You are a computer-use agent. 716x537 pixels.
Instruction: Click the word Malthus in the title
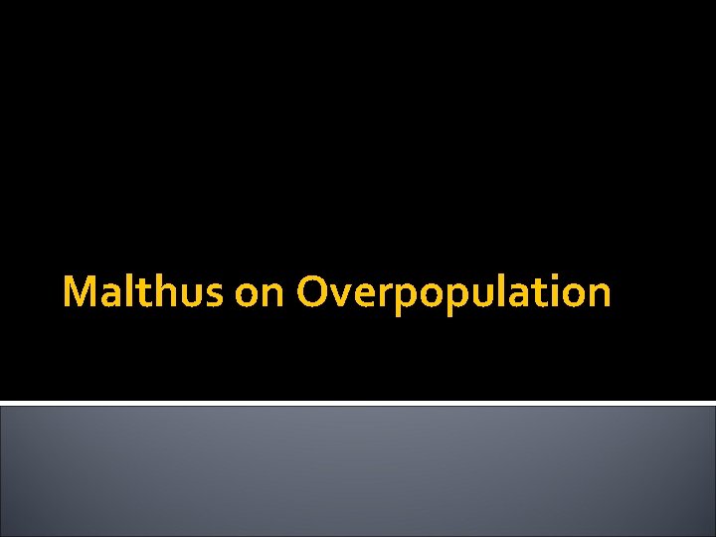[143, 292]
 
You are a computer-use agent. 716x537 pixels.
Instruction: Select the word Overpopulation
[453, 292]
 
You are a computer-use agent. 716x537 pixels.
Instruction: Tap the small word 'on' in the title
[261, 294]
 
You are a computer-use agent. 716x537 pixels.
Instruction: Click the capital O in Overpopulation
[314, 292]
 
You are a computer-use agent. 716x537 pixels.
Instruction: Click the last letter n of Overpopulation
[598, 295]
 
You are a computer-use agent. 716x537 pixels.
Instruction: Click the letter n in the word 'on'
[273, 295]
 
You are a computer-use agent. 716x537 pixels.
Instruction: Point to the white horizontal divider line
[358, 403]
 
